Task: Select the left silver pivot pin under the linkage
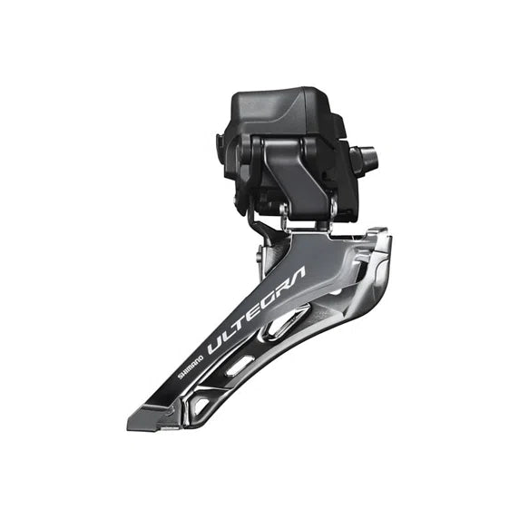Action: [284, 214]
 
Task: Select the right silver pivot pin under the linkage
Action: [332, 210]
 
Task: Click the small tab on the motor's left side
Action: [220, 143]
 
